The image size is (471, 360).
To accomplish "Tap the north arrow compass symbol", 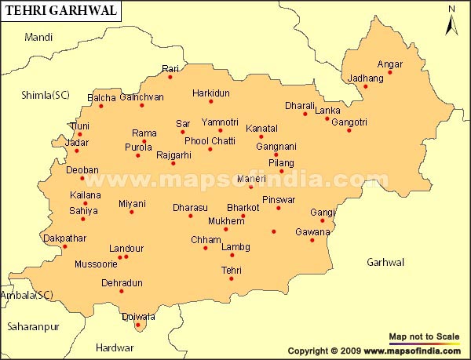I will tap(451, 20).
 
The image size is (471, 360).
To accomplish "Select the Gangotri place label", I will tap(349, 122).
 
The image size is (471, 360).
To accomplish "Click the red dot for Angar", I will tap(389, 73).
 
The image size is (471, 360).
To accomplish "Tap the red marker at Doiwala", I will tap(137, 325).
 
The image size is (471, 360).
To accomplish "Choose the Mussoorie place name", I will tap(95, 264).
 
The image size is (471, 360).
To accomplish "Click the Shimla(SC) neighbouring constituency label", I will tap(46, 95).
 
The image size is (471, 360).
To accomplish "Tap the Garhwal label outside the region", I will tap(385, 262).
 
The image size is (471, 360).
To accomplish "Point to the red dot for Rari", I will tap(170, 77).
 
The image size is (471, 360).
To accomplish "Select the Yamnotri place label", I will tap(219, 122).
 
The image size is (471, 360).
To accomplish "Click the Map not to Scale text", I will tap(425, 336).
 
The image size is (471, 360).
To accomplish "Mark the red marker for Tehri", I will tap(232, 278).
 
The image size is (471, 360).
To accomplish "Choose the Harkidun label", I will tap(211, 93).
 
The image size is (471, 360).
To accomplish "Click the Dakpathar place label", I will tap(65, 237).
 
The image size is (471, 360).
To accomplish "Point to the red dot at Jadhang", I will tap(365, 86).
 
